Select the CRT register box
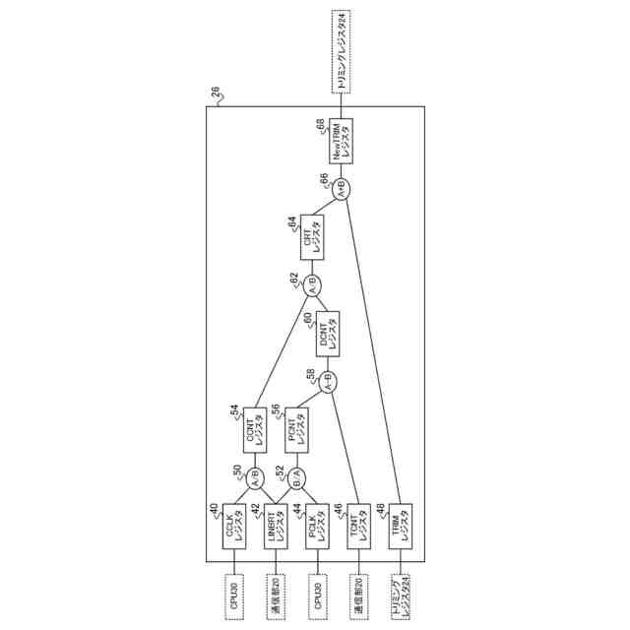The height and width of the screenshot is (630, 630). tap(312, 237)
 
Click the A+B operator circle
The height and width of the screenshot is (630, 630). tap(341, 189)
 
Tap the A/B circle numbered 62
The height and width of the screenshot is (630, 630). tap(312, 286)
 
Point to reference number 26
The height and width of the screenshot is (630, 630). tap(216, 94)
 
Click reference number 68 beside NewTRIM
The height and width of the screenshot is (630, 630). tap(320, 125)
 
